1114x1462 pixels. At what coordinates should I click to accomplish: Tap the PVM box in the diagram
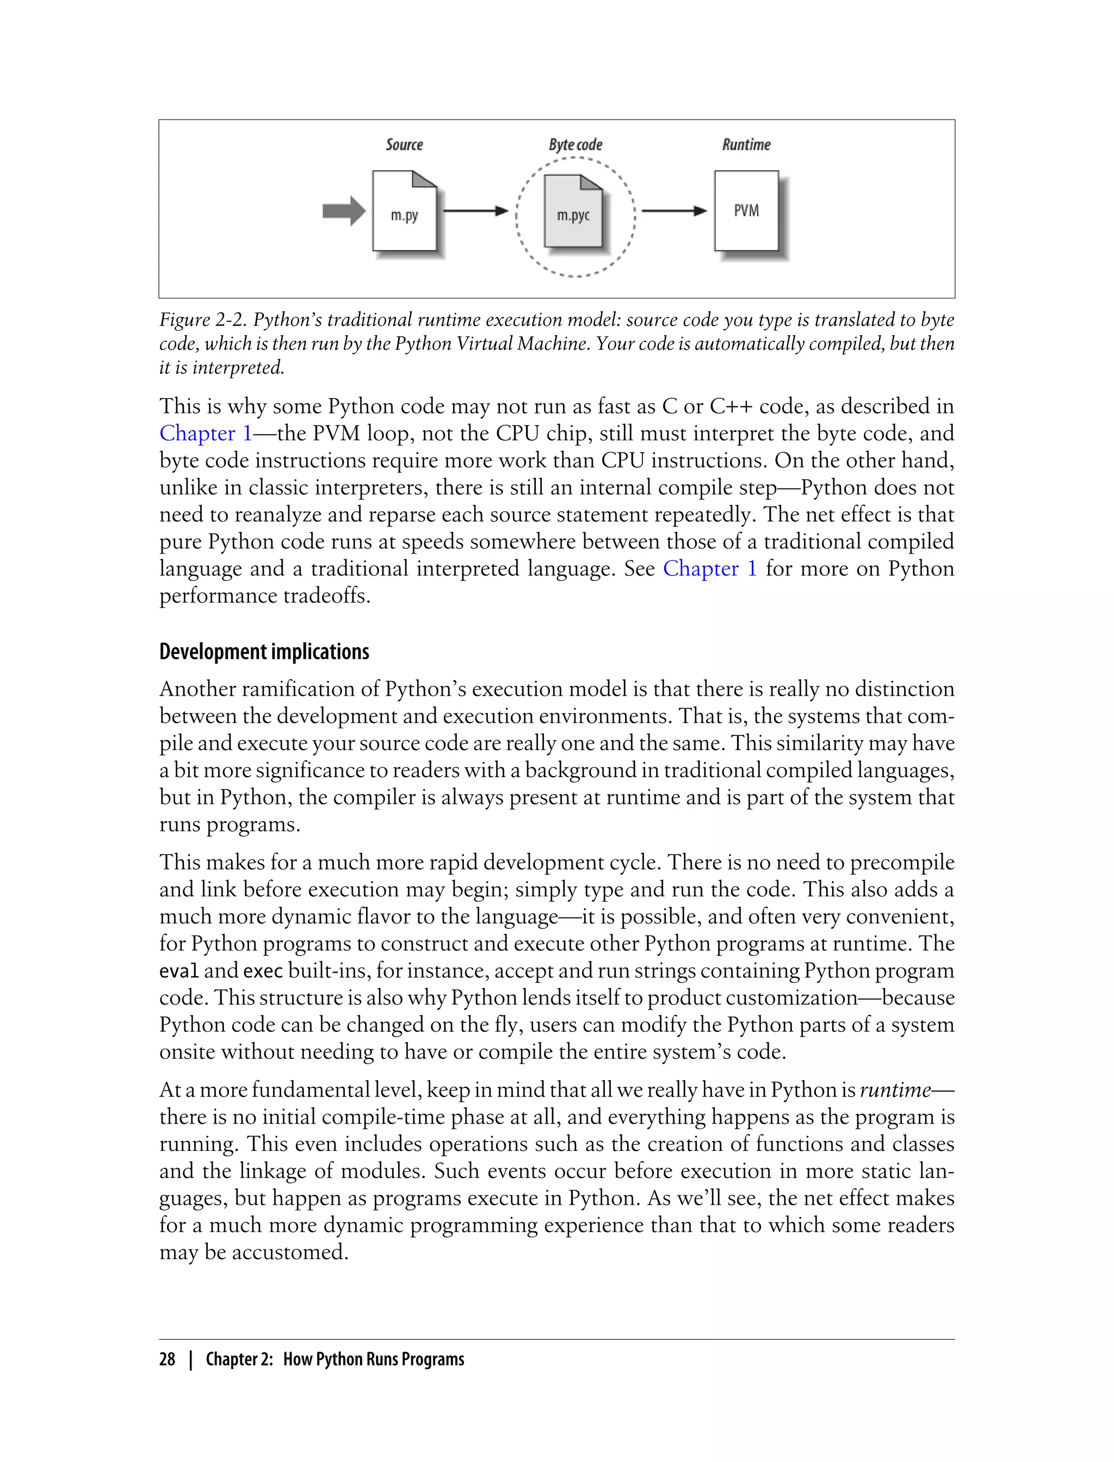tap(746, 211)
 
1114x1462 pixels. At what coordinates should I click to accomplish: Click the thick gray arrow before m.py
tap(343, 212)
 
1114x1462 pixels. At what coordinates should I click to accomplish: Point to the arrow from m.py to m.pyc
tap(475, 211)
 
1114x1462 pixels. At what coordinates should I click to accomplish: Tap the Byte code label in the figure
tap(575, 145)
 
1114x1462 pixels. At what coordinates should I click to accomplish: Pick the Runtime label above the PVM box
tap(746, 145)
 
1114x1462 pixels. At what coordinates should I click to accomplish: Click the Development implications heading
tap(264, 652)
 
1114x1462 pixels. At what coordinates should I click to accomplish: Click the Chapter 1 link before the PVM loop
tap(206, 433)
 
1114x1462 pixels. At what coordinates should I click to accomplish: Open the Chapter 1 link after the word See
tap(709, 568)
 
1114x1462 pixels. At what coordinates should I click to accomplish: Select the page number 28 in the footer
tap(167, 1359)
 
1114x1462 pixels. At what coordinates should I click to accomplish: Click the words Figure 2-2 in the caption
tap(203, 320)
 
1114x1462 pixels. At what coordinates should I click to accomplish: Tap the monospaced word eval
tap(178, 971)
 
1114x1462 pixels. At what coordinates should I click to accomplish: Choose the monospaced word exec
tap(263, 971)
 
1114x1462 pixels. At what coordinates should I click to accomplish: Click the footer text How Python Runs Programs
tap(373, 1359)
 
